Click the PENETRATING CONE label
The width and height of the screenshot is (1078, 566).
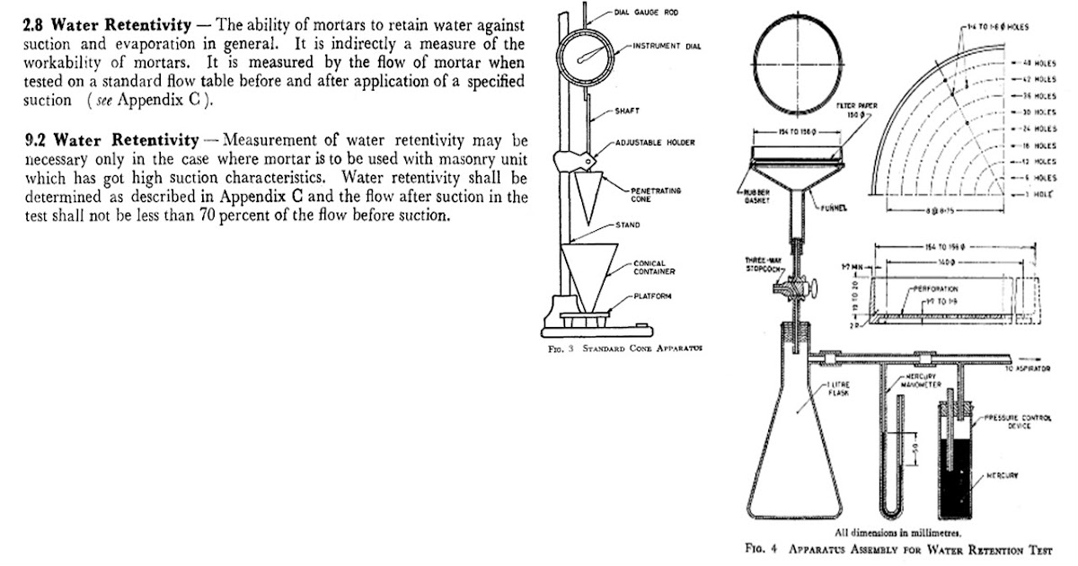(654, 197)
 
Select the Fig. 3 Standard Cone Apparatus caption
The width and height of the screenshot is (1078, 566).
(625, 349)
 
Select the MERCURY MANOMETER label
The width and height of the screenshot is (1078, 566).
(922, 380)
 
